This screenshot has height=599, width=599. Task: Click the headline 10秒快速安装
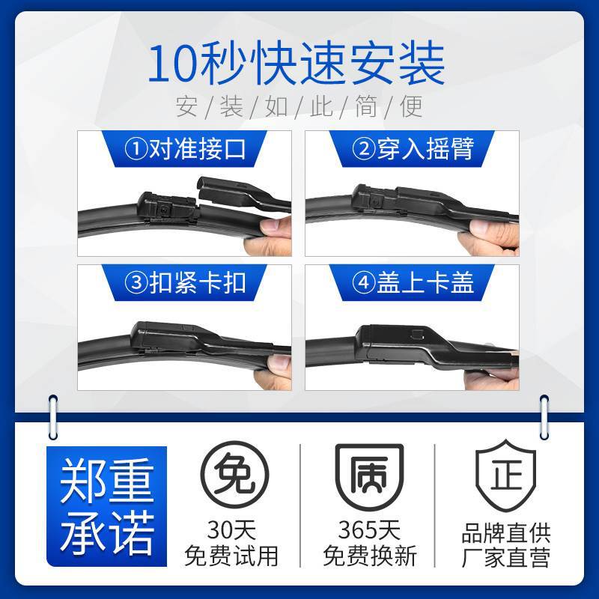[x=296, y=64]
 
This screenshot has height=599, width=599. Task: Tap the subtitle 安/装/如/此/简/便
[x=299, y=106]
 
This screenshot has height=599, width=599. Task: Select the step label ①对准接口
[x=185, y=149]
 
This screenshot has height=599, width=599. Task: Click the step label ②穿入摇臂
[x=413, y=149]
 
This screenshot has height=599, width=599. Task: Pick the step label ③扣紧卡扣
[x=185, y=283]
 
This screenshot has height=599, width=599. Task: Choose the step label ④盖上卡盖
[x=413, y=283]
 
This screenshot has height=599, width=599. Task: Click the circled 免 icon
[x=234, y=475]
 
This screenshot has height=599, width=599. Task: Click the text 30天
[x=231, y=530]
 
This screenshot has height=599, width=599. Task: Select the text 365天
[x=369, y=530]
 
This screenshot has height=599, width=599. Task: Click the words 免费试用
[x=231, y=556]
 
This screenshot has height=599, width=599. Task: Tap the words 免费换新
[x=369, y=556]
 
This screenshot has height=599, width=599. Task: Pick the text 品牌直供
[x=506, y=533]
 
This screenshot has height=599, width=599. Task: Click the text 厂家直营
[x=506, y=558]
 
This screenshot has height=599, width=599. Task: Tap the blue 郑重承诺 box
[x=106, y=506]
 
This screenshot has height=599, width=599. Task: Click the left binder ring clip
[x=53, y=417]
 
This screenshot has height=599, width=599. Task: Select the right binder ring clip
[x=544, y=417]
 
